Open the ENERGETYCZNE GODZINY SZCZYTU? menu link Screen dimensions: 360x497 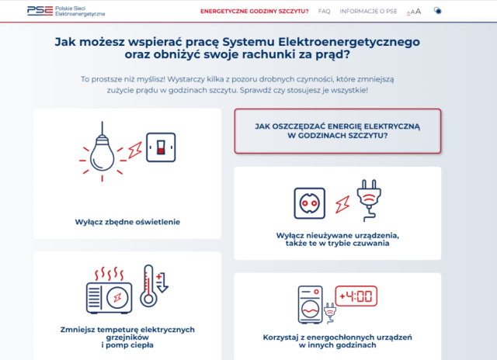254,12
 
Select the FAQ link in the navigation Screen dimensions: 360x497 324,12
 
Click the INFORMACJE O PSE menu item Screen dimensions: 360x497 368,12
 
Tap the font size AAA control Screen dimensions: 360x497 414,12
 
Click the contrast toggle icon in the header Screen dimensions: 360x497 438,11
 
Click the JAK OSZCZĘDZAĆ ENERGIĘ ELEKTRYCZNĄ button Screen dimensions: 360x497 338,131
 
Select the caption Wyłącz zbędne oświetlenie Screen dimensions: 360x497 127,221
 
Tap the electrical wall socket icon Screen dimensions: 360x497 309,202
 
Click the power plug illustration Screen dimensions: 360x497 366,199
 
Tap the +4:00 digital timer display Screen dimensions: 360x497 355,297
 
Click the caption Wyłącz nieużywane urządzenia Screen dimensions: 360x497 337,239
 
